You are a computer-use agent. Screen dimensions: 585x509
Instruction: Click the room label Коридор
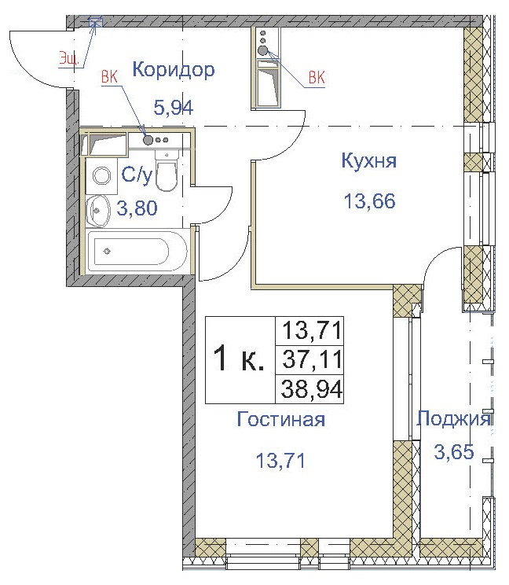pyautogui.click(x=173, y=70)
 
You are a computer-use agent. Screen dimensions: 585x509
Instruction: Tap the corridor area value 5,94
pyautogui.click(x=173, y=108)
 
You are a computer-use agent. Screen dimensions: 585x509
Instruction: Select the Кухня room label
pyautogui.click(x=368, y=161)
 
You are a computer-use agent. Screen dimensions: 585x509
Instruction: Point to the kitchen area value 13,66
pyautogui.click(x=368, y=200)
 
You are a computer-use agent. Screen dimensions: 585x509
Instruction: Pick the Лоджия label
pyautogui.click(x=454, y=418)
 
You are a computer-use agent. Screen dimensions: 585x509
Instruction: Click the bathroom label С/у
pyautogui.click(x=133, y=176)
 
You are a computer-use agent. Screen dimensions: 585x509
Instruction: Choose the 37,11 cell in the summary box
pyautogui.click(x=312, y=360)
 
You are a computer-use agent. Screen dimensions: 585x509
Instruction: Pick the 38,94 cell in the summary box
pyautogui.click(x=312, y=388)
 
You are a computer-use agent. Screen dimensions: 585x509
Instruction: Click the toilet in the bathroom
pyautogui.click(x=166, y=174)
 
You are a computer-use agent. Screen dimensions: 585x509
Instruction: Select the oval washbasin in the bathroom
pyautogui.click(x=98, y=208)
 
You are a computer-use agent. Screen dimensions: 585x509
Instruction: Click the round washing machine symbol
pyautogui.click(x=101, y=176)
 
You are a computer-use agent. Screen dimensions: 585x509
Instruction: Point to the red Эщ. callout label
pyautogui.click(x=69, y=57)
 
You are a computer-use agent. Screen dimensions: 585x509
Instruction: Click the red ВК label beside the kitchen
pyautogui.click(x=317, y=77)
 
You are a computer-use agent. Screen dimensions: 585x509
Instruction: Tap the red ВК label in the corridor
pyautogui.click(x=110, y=77)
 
